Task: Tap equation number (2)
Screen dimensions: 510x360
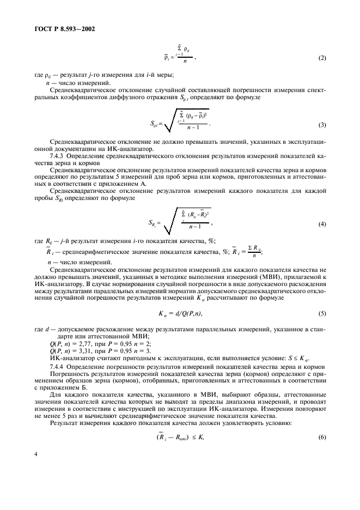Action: [x=321, y=58]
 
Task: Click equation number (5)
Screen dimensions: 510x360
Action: [x=321, y=314]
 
